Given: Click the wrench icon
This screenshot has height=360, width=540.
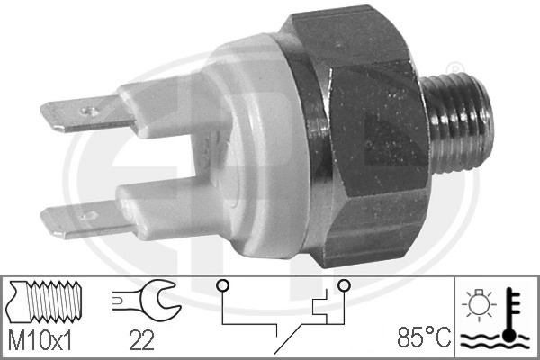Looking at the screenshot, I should click(143, 301).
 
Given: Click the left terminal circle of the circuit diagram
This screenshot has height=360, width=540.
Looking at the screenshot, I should click(220, 286).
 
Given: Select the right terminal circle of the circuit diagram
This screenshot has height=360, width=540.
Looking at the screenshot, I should click(343, 286).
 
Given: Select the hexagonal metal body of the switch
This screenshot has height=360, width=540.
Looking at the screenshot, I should click(369, 135).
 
